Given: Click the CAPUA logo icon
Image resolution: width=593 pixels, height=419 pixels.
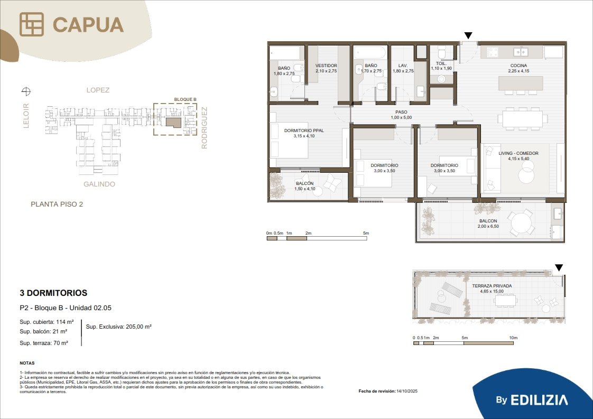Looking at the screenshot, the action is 32,24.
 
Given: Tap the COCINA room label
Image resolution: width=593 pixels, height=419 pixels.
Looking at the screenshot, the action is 518,66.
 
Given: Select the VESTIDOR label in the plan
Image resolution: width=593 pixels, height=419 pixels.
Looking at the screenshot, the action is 326,66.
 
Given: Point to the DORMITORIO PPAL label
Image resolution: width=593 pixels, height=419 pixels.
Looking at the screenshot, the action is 304,131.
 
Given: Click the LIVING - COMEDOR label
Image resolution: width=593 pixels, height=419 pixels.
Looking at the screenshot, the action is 518,153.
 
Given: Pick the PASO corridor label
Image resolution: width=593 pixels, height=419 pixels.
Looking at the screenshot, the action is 401,112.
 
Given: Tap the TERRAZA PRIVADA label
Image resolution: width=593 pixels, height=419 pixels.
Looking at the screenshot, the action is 492,286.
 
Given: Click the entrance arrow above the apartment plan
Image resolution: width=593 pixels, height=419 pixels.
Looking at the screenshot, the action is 468,35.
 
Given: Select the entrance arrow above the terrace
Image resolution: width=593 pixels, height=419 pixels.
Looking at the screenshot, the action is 559,268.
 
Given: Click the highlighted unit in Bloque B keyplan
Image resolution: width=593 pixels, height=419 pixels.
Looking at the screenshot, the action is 174,122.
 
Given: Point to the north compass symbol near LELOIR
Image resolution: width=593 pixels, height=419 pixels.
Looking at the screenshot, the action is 26,91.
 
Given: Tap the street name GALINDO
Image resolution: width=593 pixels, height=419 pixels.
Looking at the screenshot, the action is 99,184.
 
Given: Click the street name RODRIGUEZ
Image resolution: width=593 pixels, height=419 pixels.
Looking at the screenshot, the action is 204,128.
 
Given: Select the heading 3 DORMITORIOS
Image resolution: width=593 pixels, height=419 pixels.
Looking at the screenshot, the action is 53,293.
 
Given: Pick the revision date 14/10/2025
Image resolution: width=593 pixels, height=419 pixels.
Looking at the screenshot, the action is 407,391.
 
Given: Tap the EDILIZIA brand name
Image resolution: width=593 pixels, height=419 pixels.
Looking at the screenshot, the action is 539,400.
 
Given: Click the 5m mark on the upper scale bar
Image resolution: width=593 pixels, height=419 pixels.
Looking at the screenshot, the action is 366,234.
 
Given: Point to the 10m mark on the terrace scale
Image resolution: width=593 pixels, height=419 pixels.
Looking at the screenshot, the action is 513,338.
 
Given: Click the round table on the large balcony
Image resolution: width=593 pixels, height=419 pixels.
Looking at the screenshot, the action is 521,223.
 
